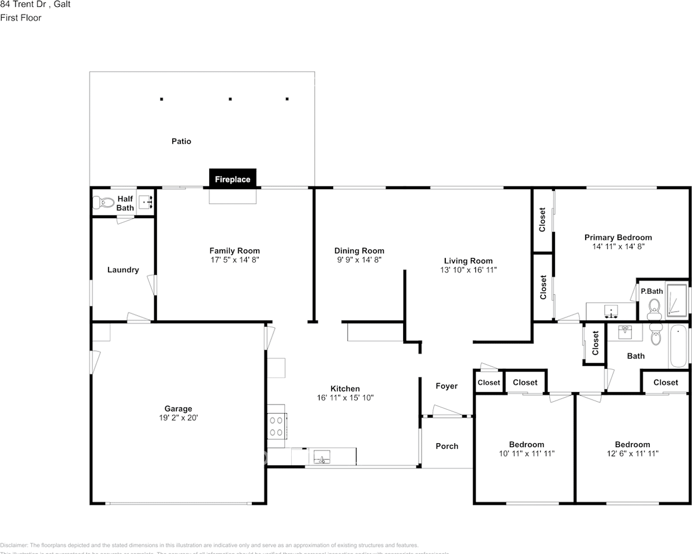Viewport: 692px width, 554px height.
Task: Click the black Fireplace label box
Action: click(x=233, y=179)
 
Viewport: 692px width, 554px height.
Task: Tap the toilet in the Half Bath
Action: click(x=104, y=203)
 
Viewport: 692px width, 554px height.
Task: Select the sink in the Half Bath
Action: click(x=146, y=202)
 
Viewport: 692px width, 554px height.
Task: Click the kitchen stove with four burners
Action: click(x=277, y=426)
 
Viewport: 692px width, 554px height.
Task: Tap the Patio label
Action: click(x=181, y=141)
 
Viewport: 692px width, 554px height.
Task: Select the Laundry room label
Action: click(x=123, y=269)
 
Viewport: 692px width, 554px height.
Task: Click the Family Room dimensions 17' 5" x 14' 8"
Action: click(x=235, y=260)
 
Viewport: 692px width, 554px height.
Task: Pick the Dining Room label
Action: click(x=359, y=250)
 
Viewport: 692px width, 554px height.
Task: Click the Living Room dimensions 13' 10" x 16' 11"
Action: click(x=468, y=269)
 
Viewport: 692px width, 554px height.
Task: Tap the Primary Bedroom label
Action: click(x=618, y=237)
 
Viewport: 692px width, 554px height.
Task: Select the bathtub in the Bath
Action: click(x=678, y=346)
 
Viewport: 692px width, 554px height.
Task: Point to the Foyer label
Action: click(x=447, y=386)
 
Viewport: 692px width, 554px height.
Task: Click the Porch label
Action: click(x=447, y=446)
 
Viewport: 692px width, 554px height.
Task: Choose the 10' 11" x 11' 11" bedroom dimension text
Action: click(x=526, y=454)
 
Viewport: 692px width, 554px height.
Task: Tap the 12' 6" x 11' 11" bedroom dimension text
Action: click(x=632, y=454)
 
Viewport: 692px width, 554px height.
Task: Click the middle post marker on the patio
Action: click(x=230, y=99)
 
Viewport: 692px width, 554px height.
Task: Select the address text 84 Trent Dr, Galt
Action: click(x=36, y=4)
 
